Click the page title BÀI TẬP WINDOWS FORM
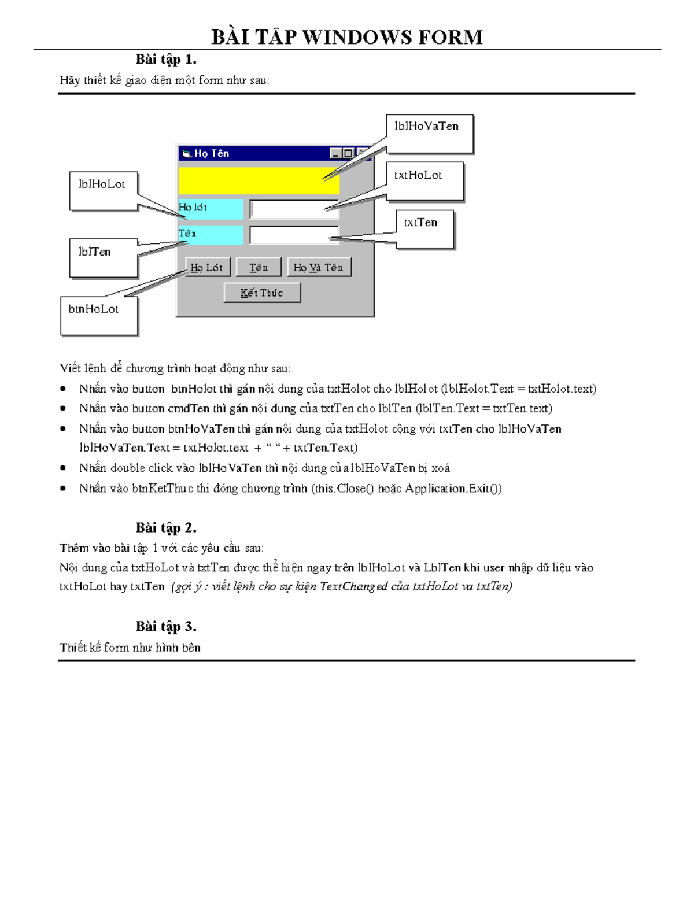point(347,37)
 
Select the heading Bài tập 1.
point(166,59)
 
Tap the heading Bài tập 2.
point(166,527)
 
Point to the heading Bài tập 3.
point(166,626)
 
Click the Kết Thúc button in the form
point(262,293)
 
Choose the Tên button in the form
point(259,267)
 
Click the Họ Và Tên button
point(319,267)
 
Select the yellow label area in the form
point(259,180)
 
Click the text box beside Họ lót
point(294,209)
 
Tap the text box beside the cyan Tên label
point(294,235)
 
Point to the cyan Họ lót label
point(211,208)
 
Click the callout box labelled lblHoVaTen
point(429,134)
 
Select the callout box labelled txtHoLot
point(424,181)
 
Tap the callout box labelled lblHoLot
point(104,191)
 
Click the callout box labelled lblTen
point(104,257)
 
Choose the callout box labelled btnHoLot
point(99,315)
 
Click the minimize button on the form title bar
point(335,153)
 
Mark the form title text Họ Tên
point(212,153)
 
